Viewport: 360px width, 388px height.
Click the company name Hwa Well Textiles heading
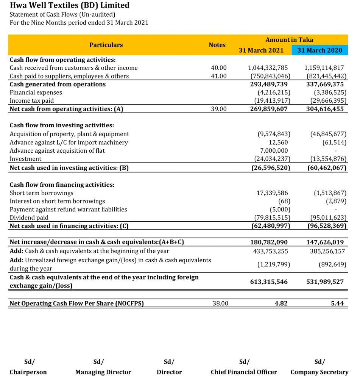click(69, 6)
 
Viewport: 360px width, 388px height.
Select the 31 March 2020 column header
click(319, 50)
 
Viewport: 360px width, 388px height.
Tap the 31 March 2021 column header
click(261, 50)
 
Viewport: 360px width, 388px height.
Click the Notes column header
click(217, 45)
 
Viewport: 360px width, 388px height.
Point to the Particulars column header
click(106, 45)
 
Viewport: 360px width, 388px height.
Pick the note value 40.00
click(218, 68)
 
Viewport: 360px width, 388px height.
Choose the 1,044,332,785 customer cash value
click(268, 68)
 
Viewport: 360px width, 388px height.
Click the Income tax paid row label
click(32, 101)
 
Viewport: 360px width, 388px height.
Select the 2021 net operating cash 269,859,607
click(269, 109)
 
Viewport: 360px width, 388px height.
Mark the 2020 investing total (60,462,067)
click(327, 167)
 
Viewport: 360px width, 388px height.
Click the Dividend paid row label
click(29, 218)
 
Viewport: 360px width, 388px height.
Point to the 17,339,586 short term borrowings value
click(272, 193)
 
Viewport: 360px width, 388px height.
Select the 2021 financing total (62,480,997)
click(271, 226)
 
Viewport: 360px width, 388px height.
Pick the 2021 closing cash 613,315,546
click(269, 282)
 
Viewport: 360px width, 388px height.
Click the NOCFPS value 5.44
click(337, 303)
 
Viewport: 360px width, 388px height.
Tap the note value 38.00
click(220, 303)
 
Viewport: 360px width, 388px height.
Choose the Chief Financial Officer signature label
click(244, 372)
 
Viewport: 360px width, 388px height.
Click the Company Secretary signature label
click(319, 372)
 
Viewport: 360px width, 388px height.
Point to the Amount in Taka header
click(289, 40)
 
